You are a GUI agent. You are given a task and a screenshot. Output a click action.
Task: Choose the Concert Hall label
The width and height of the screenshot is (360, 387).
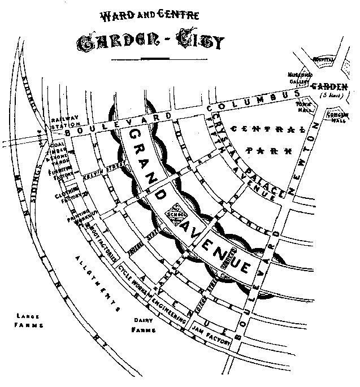tap(339, 117)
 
